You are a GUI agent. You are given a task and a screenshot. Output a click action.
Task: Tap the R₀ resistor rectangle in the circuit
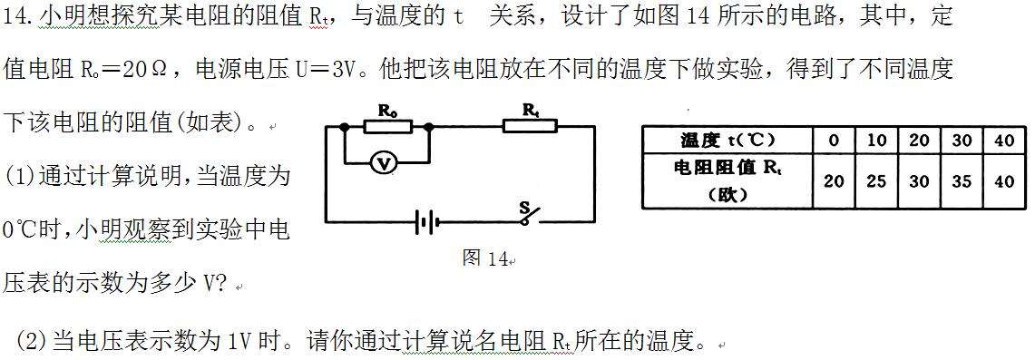click(387, 128)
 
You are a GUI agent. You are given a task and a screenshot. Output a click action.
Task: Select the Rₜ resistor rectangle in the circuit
click(530, 127)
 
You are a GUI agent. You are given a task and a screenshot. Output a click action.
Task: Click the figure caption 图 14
click(485, 258)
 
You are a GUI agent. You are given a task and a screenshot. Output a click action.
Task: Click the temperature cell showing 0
click(834, 140)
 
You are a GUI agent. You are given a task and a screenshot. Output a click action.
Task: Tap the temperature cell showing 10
click(876, 140)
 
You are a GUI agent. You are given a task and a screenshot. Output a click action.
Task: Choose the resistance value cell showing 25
click(876, 180)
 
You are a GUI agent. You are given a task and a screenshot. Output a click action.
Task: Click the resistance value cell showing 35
click(962, 180)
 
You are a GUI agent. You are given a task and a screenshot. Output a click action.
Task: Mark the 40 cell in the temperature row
click(1004, 140)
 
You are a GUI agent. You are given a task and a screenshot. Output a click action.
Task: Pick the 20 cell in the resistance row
click(834, 180)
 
